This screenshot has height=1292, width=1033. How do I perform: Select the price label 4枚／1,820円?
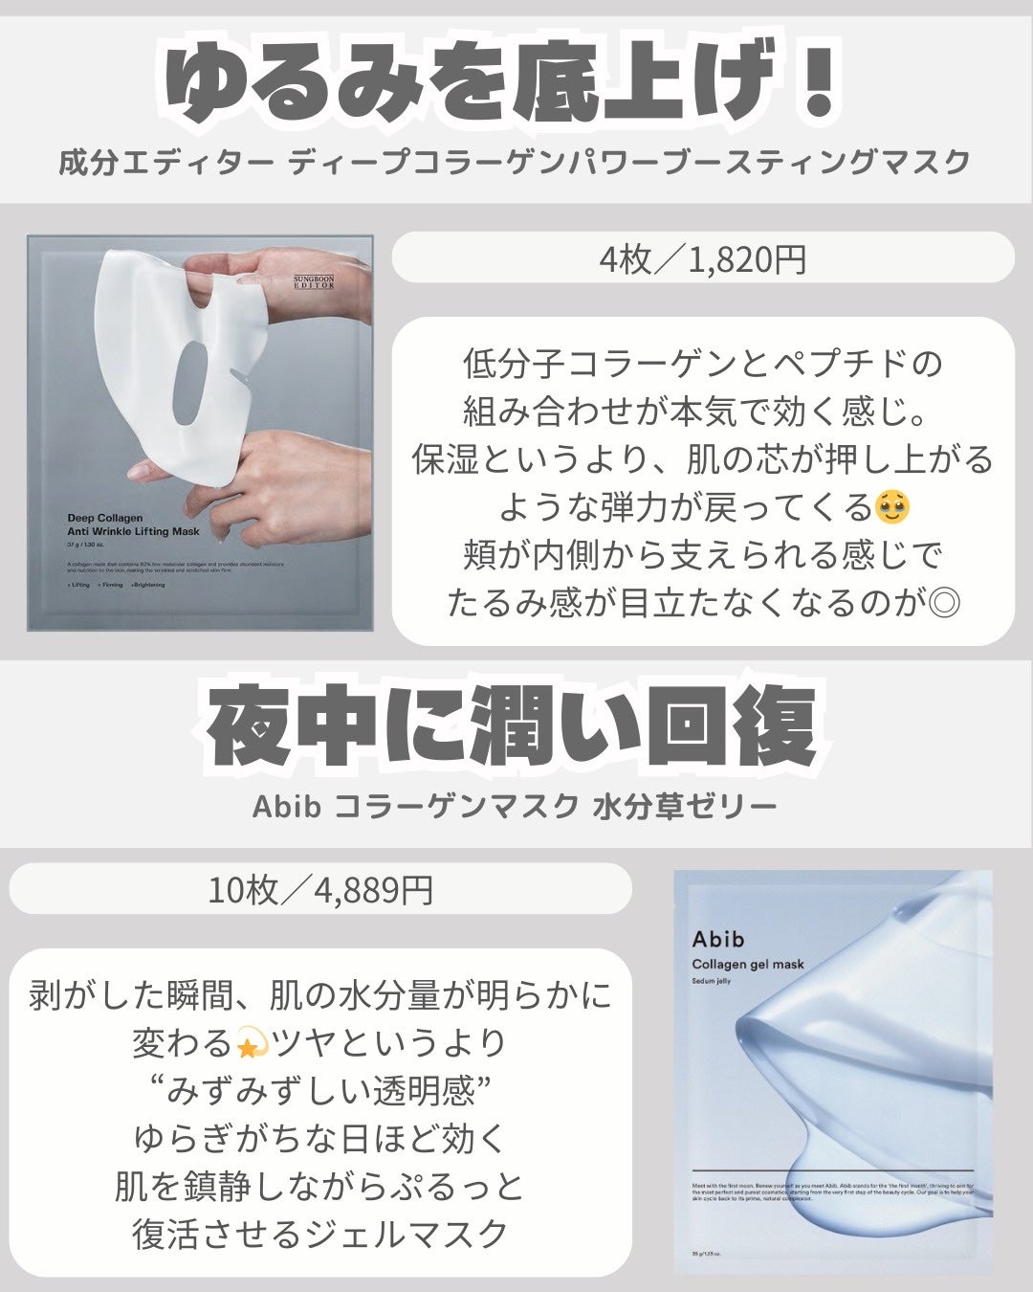point(703,258)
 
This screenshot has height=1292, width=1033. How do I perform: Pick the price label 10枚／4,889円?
point(320,890)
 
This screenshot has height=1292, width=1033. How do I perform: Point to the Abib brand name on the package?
point(718,939)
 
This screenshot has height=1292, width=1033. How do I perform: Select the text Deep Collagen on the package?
point(105,519)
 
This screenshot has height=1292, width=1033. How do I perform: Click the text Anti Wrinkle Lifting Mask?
point(133,531)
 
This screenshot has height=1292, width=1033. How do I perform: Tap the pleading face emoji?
point(892,506)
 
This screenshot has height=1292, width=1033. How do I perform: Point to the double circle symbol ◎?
point(944,603)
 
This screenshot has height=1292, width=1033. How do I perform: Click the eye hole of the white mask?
point(204,378)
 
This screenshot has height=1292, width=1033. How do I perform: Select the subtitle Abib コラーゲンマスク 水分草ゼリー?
point(515,807)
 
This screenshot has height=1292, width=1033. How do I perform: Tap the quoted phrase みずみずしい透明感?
point(320,1091)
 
